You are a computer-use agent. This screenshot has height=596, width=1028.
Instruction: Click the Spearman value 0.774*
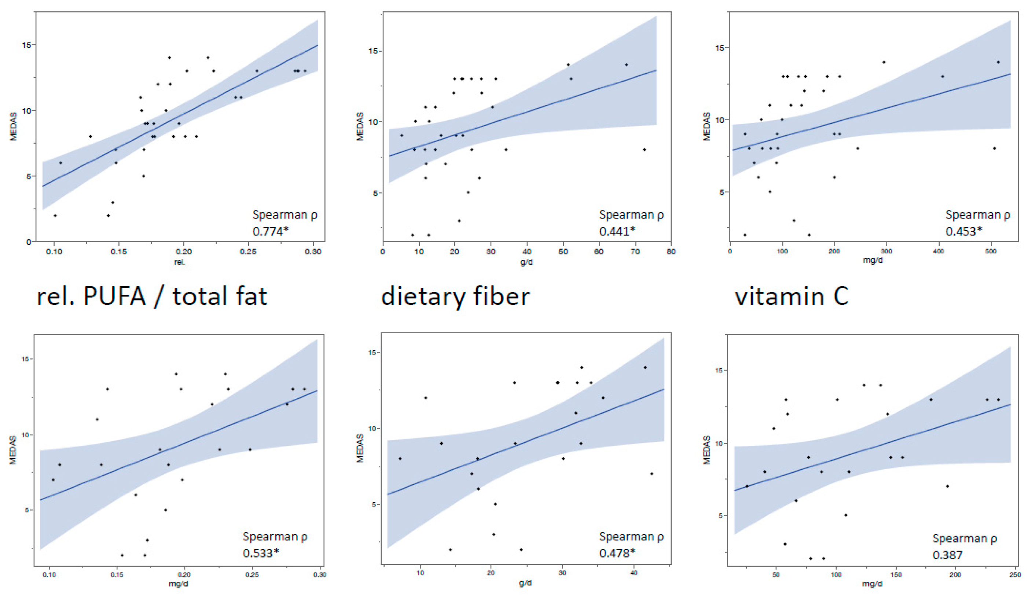(270, 231)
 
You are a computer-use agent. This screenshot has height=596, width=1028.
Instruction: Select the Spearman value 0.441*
(617, 231)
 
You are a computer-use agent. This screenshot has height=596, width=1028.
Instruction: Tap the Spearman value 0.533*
(261, 553)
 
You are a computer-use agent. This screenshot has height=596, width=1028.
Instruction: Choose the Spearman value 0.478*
(617, 553)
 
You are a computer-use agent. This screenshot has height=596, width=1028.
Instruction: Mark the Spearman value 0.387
(947, 555)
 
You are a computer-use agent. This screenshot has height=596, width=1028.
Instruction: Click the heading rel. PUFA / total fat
(152, 296)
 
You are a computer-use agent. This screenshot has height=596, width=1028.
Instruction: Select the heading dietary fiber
(455, 296)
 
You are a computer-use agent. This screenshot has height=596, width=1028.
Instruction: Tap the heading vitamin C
(792, 296)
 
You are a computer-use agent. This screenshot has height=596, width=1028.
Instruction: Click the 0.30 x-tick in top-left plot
(313, 252)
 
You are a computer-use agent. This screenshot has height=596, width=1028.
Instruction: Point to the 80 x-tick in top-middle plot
(671, 252)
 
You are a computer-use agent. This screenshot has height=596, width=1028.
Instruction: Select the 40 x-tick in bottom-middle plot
(634, 573)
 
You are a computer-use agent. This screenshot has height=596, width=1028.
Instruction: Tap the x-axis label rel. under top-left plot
(180, 262)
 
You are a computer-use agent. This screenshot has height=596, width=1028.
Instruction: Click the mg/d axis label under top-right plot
(873, 260)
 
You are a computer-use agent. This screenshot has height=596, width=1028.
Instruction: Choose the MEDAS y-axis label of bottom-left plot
(13, 450)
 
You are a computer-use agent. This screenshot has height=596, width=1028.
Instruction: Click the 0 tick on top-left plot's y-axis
(29, 242)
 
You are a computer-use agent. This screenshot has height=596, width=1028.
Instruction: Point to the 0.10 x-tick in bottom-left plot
(49, 575)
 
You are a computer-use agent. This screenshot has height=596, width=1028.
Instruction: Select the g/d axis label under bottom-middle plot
(525, 583)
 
